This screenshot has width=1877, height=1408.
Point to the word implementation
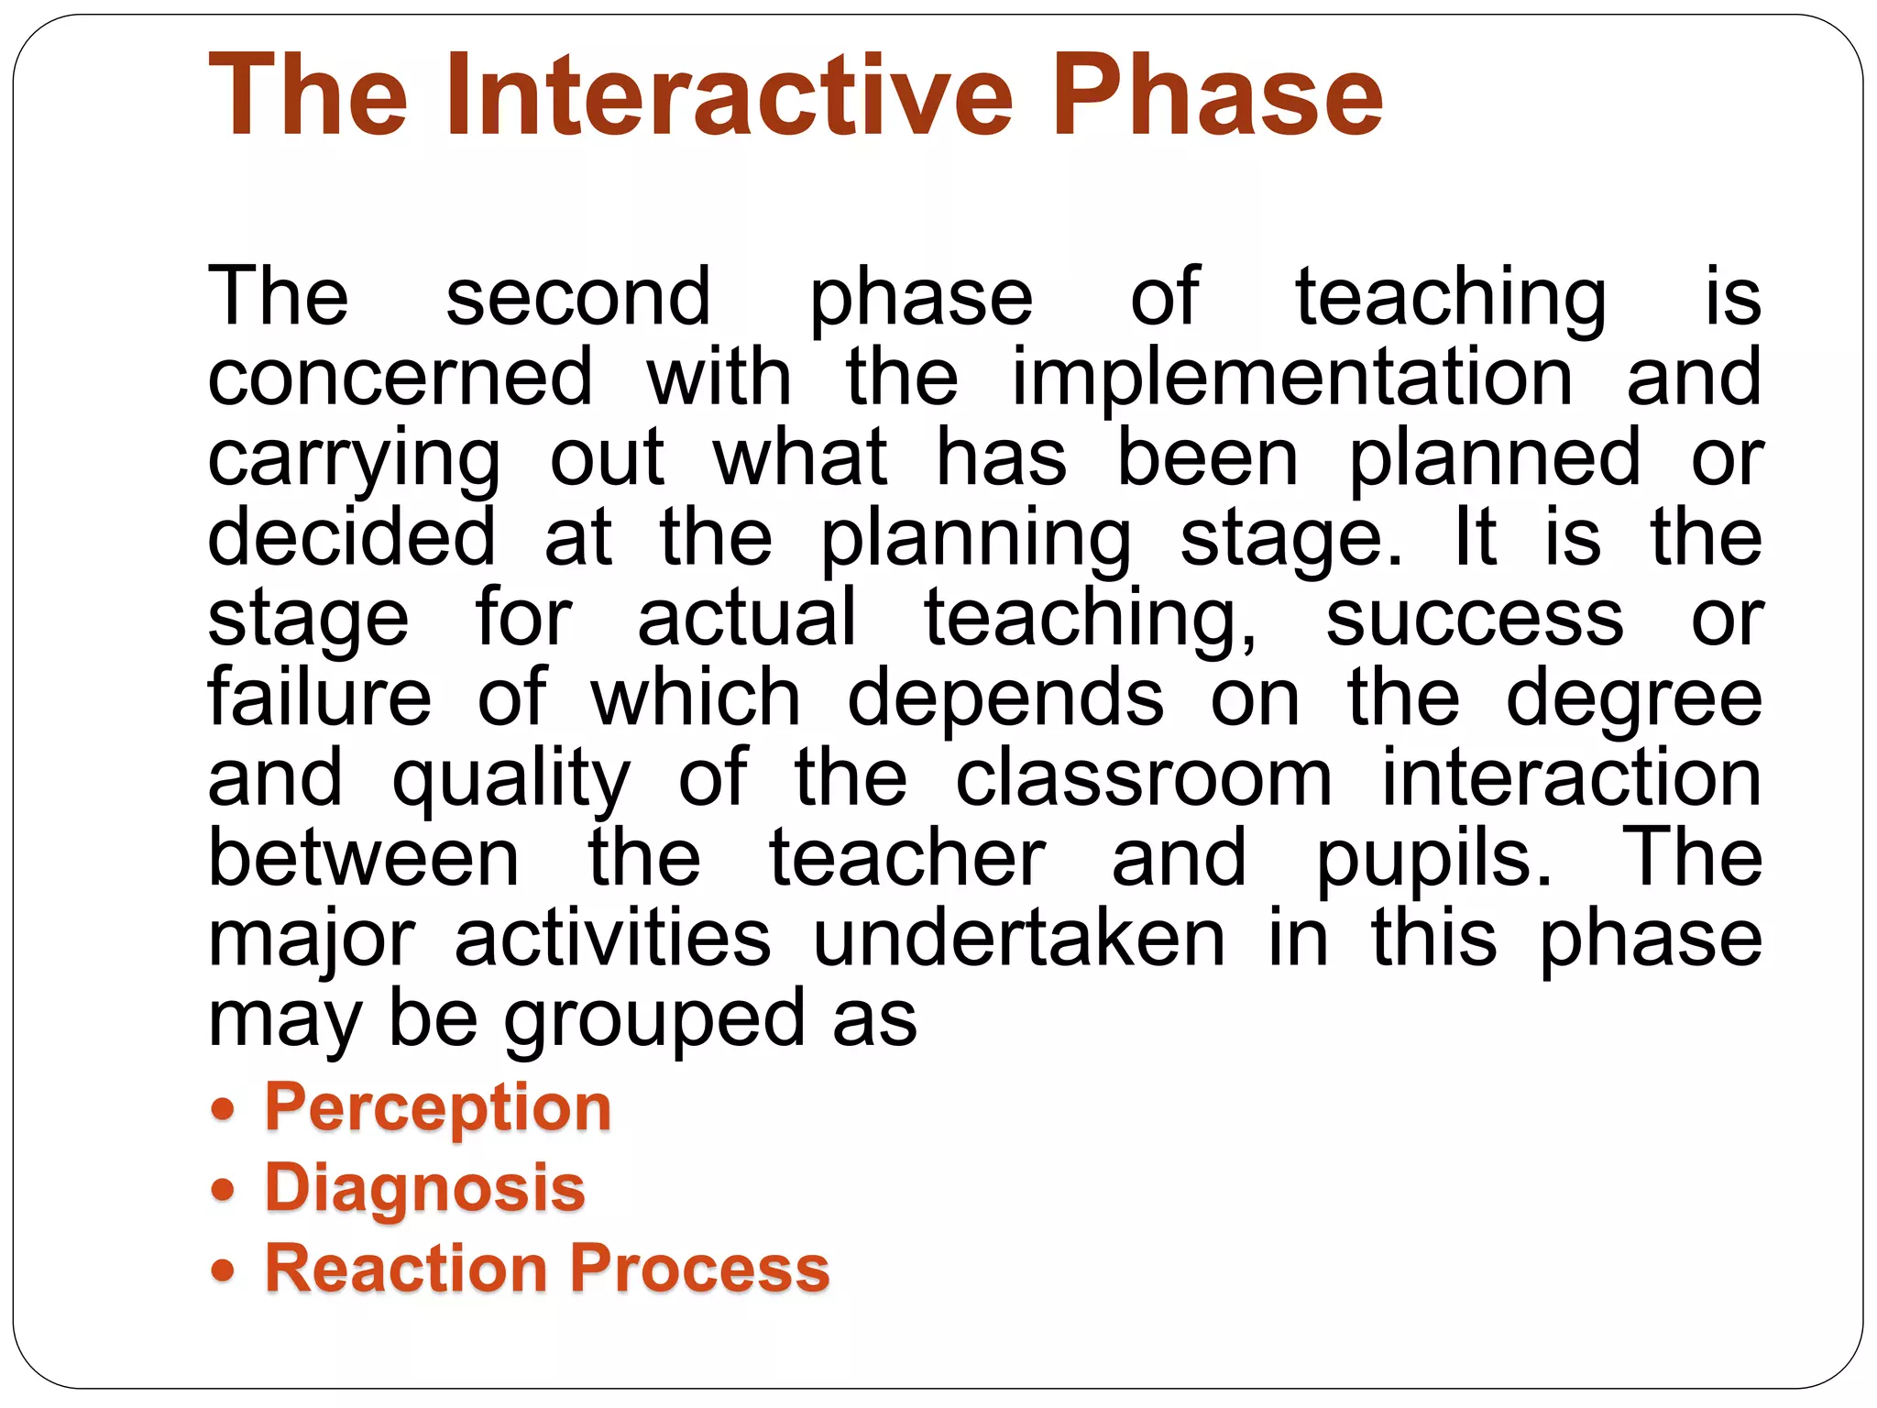pyautogui.click(x=1291, y=378)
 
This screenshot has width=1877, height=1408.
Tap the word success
pyautogui.click(x=1475, y=619)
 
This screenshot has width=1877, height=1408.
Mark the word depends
pyautogui.click(x=1005, y=699)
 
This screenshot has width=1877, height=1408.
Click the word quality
pyautogui.click(x=511, y=780)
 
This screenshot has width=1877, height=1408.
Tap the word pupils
pyautogui.click(x=1434, y=861)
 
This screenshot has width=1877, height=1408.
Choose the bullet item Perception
pyautogui.click(x=438, y=1108)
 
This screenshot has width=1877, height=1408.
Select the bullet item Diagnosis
pyautogui.click(x=425, y=1189)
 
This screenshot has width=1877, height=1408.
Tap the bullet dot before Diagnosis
pyautogui.click(x=223, y=1190)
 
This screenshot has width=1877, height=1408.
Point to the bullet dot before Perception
pyautogui.click(x=223, y=1109)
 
